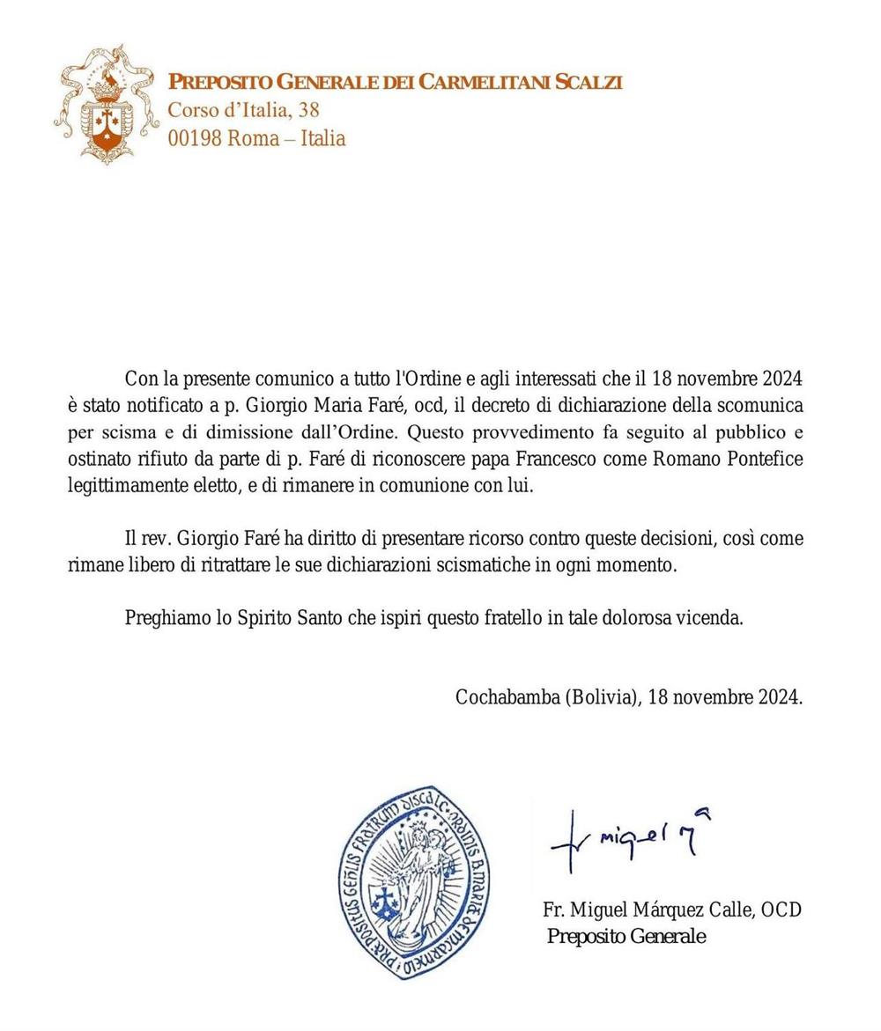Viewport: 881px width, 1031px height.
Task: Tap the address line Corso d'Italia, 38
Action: (x=243, y=110)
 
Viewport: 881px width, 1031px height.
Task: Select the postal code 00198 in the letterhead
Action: (x=195, y=138)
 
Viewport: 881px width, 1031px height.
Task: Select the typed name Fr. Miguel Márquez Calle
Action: (x=648, y=909)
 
